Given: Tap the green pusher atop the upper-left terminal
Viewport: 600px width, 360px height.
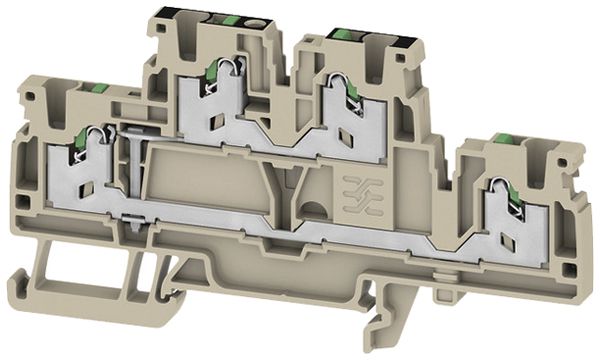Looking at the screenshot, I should click(228, 20).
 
